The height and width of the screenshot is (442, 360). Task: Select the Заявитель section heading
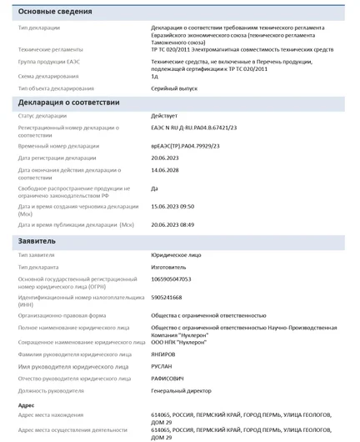(37, 241)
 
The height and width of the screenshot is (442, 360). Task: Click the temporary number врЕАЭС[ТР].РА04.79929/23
(185, 146)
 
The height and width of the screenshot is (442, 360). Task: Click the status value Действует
(164, 116)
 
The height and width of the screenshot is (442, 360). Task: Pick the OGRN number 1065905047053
(171, 279)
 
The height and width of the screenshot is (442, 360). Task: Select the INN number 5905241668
(167, 297)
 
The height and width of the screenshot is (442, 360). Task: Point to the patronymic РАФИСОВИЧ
(168, 379)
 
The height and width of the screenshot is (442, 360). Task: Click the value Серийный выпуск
(176, 88)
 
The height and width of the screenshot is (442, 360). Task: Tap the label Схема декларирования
(48, 76)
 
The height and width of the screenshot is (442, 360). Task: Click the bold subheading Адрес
(27, 405)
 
